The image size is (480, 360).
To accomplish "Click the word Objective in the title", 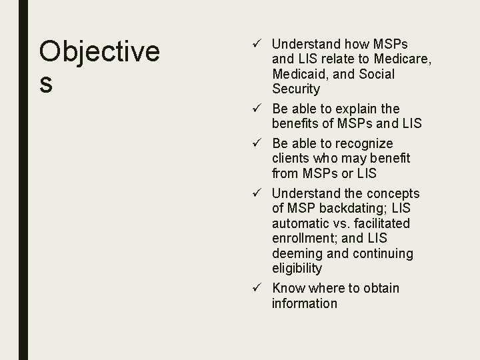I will [x=99, y=52].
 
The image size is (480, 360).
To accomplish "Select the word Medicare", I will [x=405, y=59].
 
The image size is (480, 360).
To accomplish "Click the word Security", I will [x=296, y=89].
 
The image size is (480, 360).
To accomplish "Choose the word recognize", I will [x=363, y=143].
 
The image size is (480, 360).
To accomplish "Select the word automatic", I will [x=301, y=223].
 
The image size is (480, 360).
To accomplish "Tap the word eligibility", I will [x=297, y=269].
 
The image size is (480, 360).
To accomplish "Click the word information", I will [x=305, y=303].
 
